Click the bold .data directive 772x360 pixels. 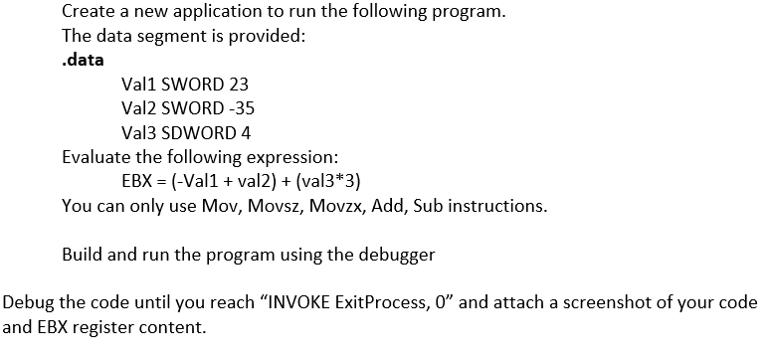pos(83,61)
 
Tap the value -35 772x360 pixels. pos(225,108)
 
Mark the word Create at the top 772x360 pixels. pos(88,13)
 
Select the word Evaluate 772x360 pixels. pos(96,157)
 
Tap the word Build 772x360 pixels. pos(82,255)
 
